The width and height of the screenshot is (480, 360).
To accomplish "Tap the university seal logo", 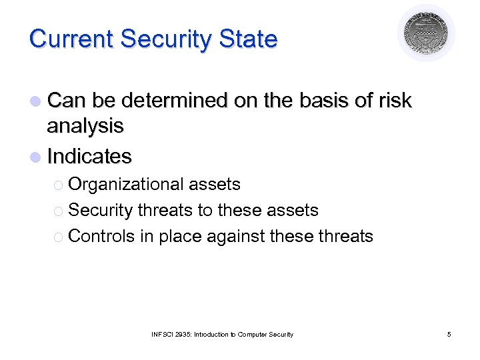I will point(426,33).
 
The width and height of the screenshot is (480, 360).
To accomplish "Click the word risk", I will point(394,101).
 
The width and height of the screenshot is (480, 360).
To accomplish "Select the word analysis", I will point(85,125).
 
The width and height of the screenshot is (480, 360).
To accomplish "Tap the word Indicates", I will point(90,157).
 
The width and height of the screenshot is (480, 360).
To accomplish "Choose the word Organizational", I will point(126,184).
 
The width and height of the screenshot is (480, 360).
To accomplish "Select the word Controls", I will point(101,236).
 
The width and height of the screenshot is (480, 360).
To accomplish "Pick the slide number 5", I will point(449,334).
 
